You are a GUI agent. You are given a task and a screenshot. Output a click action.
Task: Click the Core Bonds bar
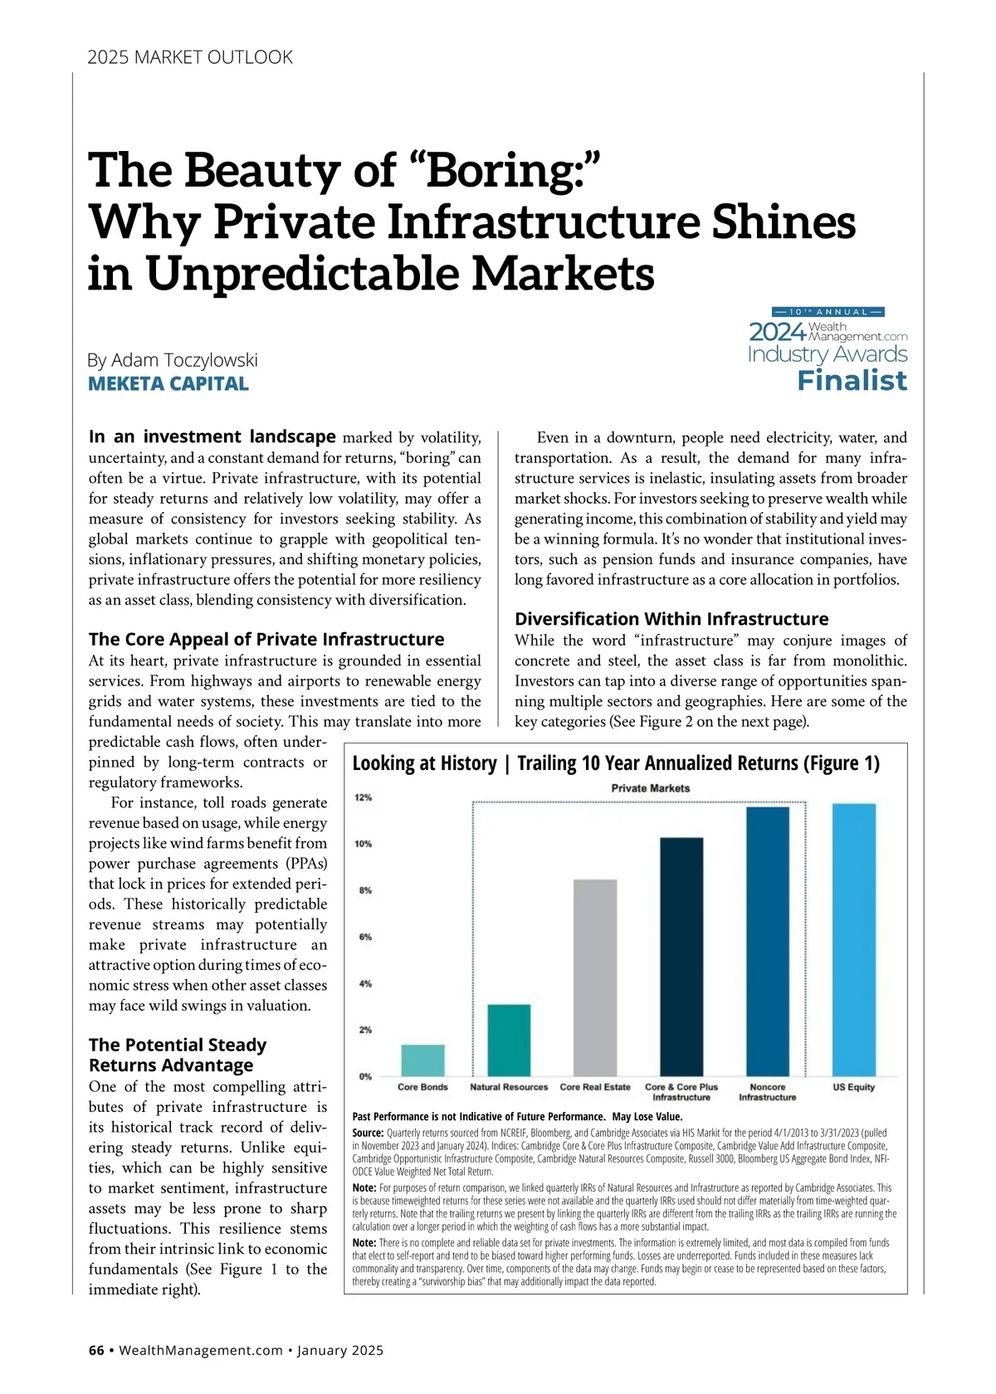point(422,1060)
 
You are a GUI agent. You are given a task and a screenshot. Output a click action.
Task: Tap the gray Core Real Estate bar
point(595,977)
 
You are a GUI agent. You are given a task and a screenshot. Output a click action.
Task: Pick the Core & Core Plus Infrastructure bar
point(681,957)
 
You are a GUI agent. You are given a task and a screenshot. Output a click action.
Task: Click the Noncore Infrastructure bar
point(768,941)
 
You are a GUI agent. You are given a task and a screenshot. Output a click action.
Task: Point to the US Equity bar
point(854,939)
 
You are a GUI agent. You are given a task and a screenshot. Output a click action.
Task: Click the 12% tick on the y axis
point(363,797)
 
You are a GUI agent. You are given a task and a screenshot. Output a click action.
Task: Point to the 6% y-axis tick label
point(364,937)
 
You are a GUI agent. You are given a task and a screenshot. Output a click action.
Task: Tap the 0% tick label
point(364,1076)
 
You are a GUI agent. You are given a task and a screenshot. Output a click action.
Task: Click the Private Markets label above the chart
point(650,788)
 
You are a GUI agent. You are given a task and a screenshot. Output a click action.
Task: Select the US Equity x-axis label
point(854,1087)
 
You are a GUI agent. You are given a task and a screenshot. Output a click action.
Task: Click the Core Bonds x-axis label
point(422,1087)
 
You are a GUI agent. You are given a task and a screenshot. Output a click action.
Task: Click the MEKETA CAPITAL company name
point(168,384)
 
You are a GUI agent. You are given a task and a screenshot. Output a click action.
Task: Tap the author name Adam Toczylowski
point(184,360)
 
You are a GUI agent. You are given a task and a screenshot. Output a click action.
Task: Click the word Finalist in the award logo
point(852,381)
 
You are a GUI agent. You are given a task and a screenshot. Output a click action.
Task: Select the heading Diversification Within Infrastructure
point(671,619)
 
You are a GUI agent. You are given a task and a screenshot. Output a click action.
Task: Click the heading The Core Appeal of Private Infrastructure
point(266,639)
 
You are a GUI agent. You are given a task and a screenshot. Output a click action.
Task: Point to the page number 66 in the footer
point(96,1350)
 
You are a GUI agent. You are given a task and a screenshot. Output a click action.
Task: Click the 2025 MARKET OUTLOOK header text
point(190,57)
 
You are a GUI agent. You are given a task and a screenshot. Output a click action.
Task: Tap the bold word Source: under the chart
point(368,1133)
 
